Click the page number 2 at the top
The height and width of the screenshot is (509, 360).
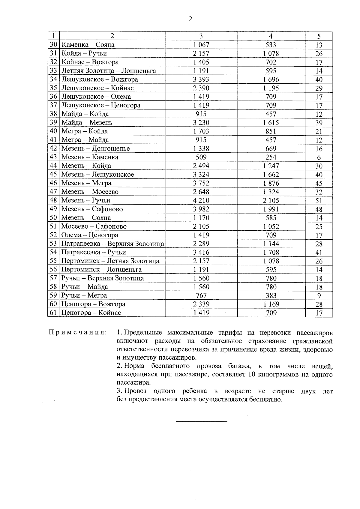190,19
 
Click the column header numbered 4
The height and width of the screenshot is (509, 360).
271,36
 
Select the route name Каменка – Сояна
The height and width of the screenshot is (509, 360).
88,45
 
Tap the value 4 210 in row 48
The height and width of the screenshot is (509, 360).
201,200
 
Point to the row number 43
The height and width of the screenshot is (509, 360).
53,157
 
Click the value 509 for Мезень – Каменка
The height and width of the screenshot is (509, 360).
201,157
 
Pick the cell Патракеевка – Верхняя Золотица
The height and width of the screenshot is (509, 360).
112,244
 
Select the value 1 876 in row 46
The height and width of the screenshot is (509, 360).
271,183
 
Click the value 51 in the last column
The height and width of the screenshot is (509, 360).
319,201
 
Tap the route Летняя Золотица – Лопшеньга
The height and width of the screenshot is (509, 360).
109,71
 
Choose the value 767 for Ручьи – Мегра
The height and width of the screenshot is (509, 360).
201,295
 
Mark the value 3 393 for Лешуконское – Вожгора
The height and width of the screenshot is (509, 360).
201,79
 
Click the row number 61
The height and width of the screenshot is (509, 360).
53,313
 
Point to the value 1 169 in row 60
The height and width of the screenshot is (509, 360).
271,304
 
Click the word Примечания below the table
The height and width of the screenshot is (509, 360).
77,333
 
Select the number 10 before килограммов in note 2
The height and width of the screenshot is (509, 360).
252,375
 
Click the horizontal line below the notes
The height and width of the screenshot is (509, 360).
201,422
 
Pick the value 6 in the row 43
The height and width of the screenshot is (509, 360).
319,157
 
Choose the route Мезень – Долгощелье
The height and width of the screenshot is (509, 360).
95,148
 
